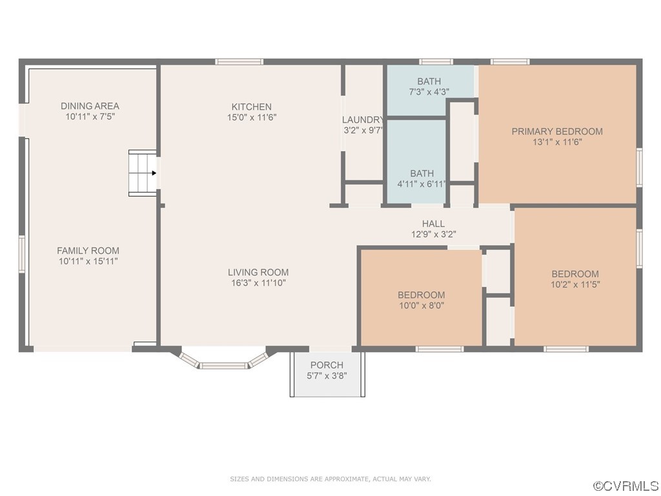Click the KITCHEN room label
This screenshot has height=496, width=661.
coord(251,107)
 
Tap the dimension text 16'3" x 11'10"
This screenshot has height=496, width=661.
coord(258,283)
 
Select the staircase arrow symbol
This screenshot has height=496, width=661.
coord(154,173)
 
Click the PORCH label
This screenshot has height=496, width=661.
coord(327,366)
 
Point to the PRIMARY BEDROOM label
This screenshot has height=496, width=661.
coord(557,132)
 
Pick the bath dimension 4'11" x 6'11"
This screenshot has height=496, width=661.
coord(422,184)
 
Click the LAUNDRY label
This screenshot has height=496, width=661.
coord(363,119)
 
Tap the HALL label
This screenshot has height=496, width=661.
coord(433,224)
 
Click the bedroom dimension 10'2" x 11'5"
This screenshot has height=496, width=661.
coord(575,285)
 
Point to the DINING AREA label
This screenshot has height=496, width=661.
coord(90,106)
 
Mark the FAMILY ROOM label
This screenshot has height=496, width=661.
coord(88,251)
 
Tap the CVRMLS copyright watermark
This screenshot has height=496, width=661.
coord(626,486)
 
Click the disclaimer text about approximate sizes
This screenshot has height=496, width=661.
coord(330,479)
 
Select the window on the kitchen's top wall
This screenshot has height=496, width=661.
coord(239,61)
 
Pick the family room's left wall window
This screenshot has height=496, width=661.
coord(22,254)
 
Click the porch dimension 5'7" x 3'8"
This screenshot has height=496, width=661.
coord(327,376)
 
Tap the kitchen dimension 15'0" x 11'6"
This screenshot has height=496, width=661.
coord(252,118)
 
